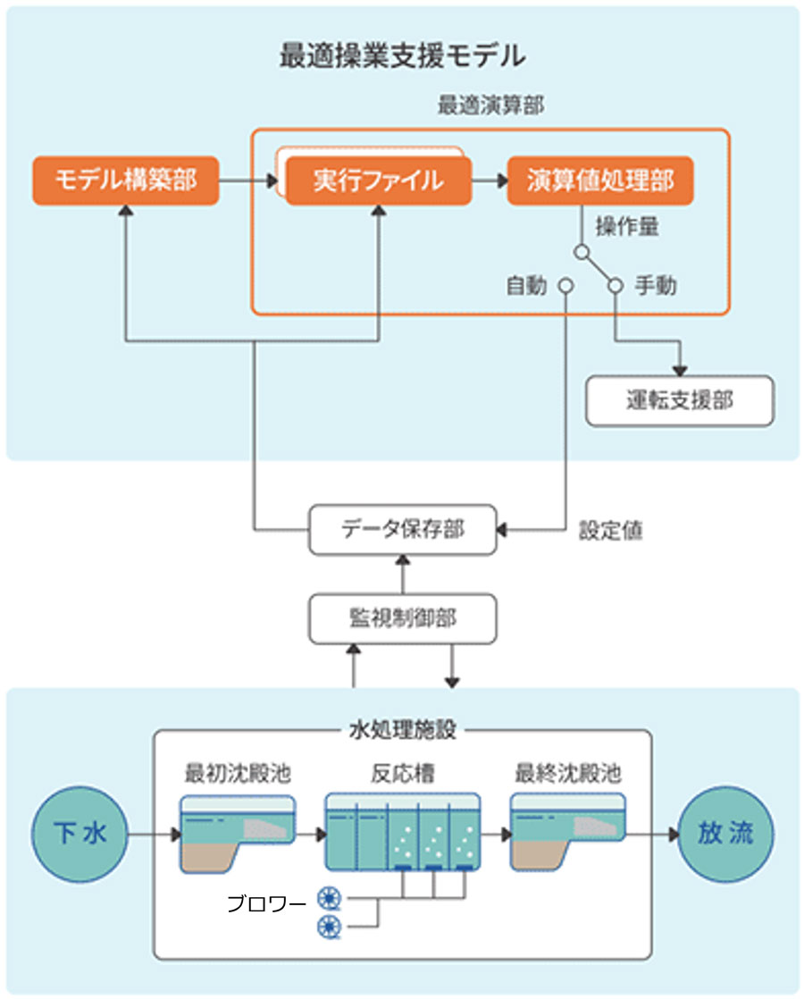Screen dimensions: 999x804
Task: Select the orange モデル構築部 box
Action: coord(125,180)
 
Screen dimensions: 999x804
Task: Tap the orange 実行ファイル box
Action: coord(378,181)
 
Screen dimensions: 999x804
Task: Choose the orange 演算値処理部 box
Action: coord(599,181)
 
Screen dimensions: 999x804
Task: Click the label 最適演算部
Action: coord(490,105)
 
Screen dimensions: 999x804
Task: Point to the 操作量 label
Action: coord(627,226)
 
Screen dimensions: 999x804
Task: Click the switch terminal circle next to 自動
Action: coord(565,286)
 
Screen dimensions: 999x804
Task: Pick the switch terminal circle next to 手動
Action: coord(615,286)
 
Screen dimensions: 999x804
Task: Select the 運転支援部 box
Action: coord(679,400)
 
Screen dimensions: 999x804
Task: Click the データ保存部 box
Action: coord(402,529)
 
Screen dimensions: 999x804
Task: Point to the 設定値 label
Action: coord(611,530)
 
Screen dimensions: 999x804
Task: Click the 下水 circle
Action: coord(80,835)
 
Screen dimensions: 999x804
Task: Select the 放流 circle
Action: coord(725,835)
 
